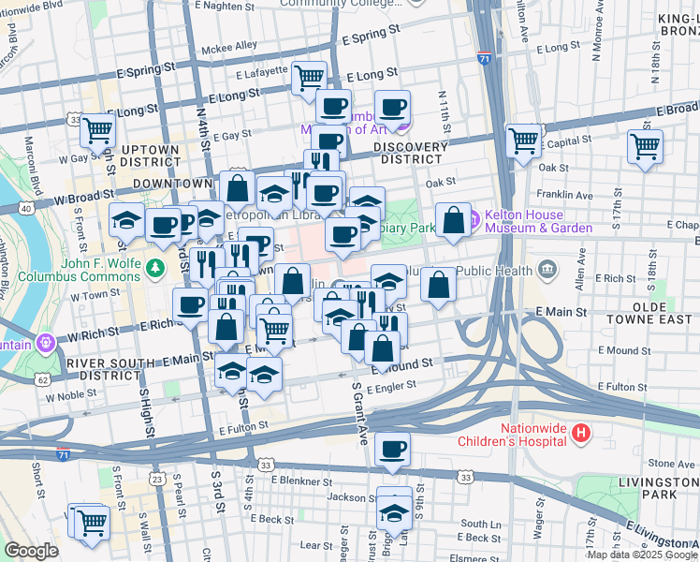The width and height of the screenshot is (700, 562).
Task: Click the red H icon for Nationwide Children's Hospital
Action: tap(581, 432)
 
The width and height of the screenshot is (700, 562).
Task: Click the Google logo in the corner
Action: tap(32, 551)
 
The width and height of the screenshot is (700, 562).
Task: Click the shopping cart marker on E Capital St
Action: tap(646, 146)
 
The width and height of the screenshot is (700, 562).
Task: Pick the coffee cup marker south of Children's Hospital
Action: tap(393, 449)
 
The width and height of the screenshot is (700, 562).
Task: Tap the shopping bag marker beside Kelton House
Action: tap(453, 220)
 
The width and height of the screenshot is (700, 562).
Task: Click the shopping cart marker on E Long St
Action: tap(309, 78)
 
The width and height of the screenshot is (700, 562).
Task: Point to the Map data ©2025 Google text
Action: tap(642, 555)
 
